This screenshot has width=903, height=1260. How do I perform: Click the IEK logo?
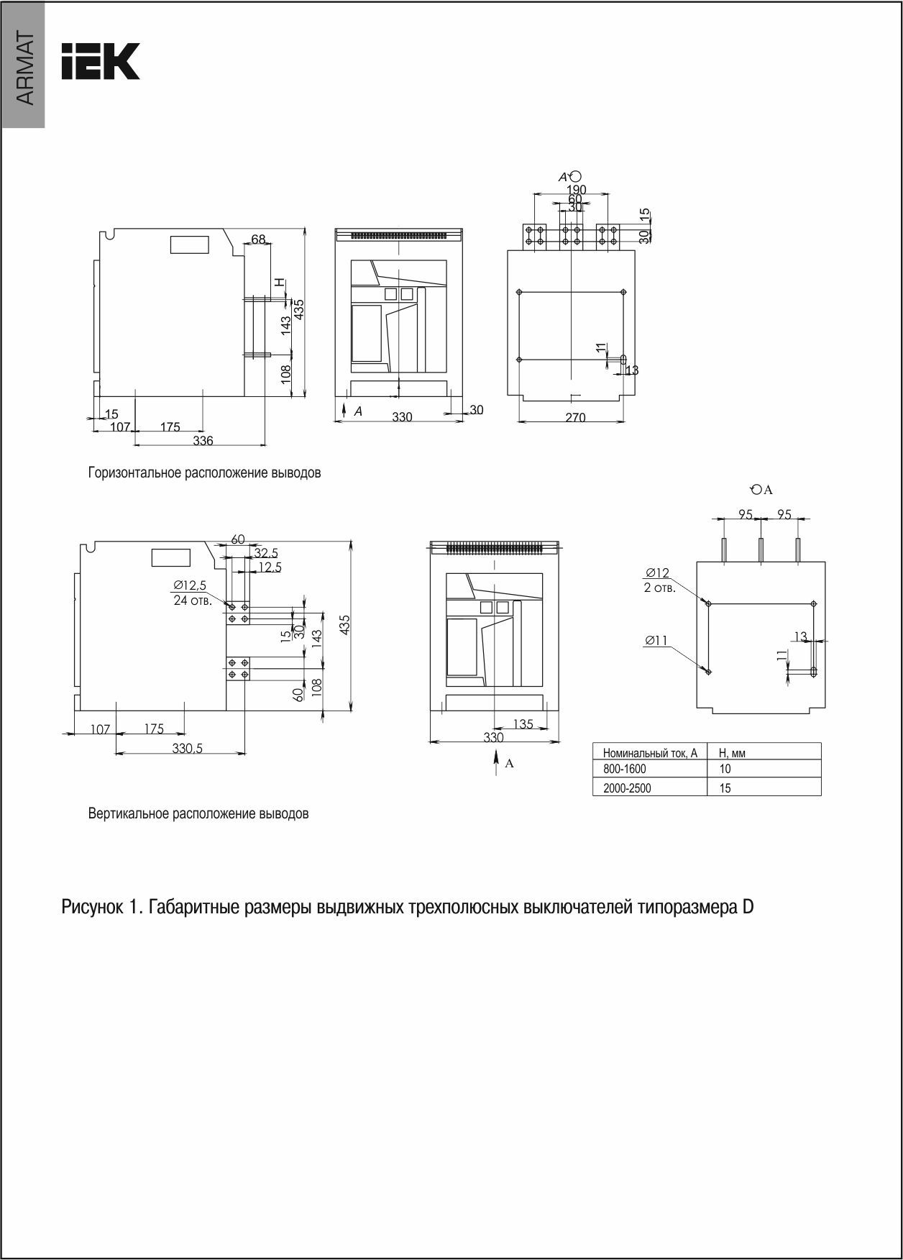(100, 62)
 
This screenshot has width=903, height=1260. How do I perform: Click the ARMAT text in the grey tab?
(24, 69)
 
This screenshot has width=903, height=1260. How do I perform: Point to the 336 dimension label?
(203, 441)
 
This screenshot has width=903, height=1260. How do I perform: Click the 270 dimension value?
(575, 417)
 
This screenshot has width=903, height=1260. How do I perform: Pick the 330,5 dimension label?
(188, 749)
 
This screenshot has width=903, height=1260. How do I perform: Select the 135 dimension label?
(523, 724)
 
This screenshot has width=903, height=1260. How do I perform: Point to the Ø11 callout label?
(656, 641)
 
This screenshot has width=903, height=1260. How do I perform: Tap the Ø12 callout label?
(657, 573)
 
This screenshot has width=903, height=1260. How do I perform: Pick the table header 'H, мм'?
(732, 753)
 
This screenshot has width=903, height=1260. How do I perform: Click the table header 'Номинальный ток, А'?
(650, 753)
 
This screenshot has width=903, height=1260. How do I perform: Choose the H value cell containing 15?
(725, 788)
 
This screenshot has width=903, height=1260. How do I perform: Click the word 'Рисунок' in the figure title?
(93, 908)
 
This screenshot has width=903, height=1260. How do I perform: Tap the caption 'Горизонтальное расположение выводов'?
(204, 474)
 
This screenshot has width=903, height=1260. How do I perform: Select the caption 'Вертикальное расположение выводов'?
(198, 814)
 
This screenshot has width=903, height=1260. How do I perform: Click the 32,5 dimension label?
(266, 553)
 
